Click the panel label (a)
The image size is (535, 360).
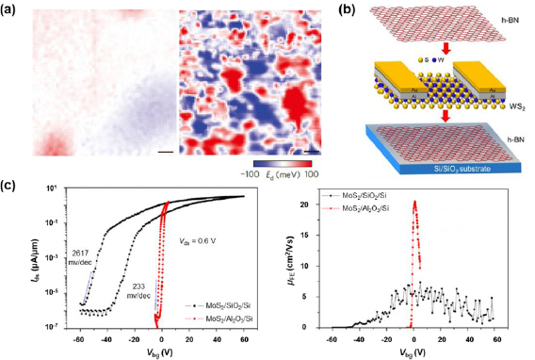pyautogui.click(x=13, y=9)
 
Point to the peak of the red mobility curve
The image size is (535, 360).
pyautogui.click(x=414, y=200)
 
